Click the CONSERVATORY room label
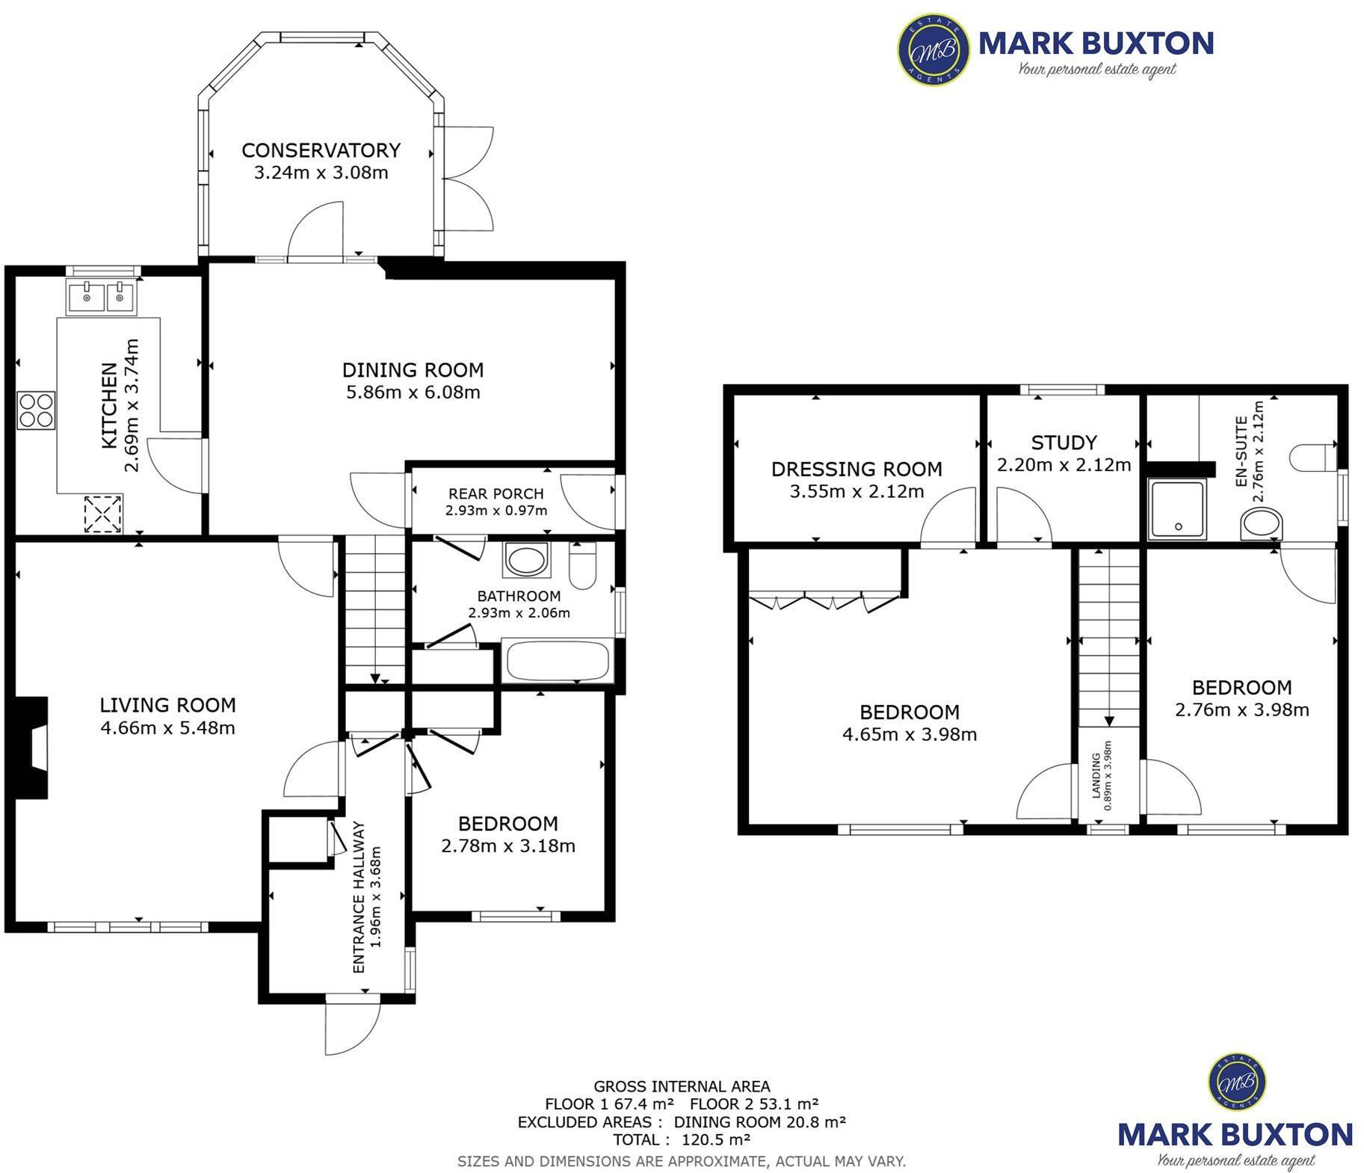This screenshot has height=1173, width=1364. (x=321, y=150)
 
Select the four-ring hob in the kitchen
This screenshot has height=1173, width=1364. (x=37, y=410)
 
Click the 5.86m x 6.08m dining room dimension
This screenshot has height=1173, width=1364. (x=413, y=392)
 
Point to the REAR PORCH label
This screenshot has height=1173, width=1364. (x=496, y=493)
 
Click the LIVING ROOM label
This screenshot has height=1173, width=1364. (x=167, y=705)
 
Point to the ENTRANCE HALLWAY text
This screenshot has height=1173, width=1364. (x=359, y=897)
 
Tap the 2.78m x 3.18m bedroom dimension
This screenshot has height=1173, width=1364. (x=508, y=846)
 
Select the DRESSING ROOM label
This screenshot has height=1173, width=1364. (x=857, y=469)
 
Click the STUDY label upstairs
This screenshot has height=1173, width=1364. (x=1064, y=443)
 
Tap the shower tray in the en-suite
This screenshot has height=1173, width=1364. (x=1177, y=509)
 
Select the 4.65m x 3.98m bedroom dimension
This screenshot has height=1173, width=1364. (x=909, y=735)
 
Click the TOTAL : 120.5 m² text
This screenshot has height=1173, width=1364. (x=681, y=1140)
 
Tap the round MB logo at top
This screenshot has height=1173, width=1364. (x=933, y=49)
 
